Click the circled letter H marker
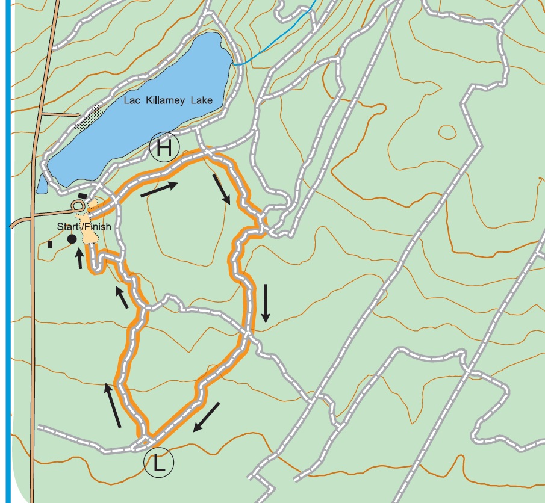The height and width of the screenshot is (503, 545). pyautogui.click(x=164, y=147)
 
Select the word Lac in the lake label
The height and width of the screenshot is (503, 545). pyautogui.click(x=132, y=100)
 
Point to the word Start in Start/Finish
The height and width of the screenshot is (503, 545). pyautogui.click(x=68, y=227)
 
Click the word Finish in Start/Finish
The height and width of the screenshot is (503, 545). pyautogui.click(x=97, y=227)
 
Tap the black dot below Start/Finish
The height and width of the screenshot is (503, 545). pyautogui.click(x=72, y=239)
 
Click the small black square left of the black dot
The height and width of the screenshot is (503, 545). pyautogui.click(x=51, y=244)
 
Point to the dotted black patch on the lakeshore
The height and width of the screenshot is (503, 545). pyautogui.click(x=88, y=117)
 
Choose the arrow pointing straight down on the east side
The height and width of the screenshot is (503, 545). pyautogui.click(x=265, y=303)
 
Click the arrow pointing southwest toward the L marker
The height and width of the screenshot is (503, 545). pyautogui.click(x=206, y=418)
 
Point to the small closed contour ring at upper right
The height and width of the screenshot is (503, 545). pyautogui.click(x=447, y=131)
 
